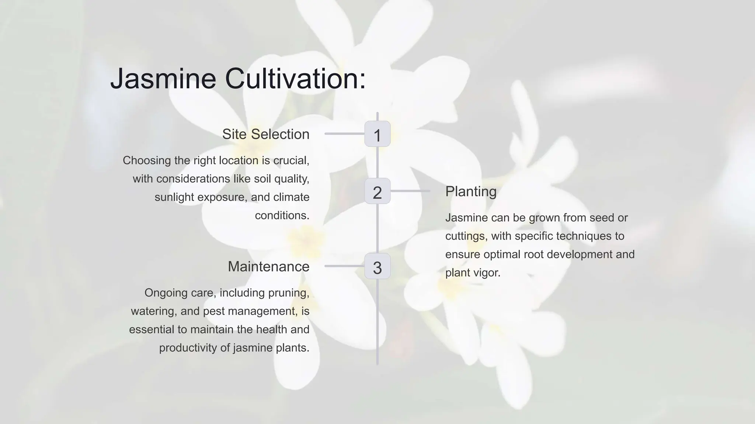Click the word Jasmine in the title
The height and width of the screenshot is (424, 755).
[x=163, y=78]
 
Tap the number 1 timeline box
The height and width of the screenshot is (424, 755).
[x=377, y=134]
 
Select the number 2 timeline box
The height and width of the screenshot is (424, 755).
[x=377, y=191]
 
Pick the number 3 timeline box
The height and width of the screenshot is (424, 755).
[x=377, y=266]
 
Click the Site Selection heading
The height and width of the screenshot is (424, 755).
[x=265, y=134]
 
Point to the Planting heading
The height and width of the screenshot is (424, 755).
[x=471, y=192]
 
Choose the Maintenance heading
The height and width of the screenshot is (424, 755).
[x=268, y=266]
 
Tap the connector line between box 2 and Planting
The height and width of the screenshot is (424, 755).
[x=410, y=191]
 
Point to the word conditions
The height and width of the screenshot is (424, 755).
[x=282, y=215]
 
